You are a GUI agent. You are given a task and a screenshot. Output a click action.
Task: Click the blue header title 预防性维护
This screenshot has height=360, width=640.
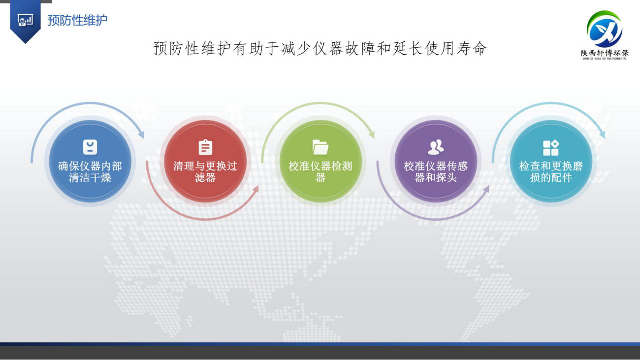pyautogui.click(x=77, y=20)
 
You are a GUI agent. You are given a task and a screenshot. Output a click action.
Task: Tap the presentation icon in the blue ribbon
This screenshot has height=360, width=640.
pyautogui.click(x=25, y=20)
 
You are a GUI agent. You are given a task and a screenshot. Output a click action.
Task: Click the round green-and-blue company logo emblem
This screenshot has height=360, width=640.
pyautogui.click(x=604, y=29)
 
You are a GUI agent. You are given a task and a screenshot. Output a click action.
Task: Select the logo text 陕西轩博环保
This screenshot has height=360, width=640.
pyautogui.click(x=605, y=53)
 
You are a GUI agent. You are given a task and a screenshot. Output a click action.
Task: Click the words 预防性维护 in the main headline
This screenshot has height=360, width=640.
pyautogui.click(x=192, y=48)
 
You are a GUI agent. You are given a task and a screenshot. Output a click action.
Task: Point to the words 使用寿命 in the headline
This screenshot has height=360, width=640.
pyautogui.click(x=455, y=48)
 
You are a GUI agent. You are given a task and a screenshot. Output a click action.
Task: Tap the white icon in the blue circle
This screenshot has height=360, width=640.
pyautogui.click(x=90, y=147)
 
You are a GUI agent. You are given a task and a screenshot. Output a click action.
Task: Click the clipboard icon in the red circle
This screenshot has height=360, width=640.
pyautogui.click(x=205, y=147)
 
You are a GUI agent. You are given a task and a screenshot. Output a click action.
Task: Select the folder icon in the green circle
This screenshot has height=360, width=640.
pyautogui.click(x=320, y=147)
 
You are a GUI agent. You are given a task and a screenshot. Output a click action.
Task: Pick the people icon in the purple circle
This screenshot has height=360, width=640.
pyautogui.click(x=436, y=147)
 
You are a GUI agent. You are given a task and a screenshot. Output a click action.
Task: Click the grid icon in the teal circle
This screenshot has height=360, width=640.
pyautogui.click(x=551, y=148)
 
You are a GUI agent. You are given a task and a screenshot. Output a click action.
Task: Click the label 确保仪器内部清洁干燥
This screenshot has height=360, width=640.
pyautogui.click(x=90, y=172)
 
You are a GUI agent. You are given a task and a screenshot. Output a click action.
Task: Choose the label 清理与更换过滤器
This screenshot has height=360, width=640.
pyautogui.click(x=205, y=172)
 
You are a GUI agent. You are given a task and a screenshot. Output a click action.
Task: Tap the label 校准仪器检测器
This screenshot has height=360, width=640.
pyautogui.click(x=320, y=172)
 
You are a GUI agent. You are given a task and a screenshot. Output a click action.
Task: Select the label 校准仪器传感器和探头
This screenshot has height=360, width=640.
pyautogui.click(x=436, y=172)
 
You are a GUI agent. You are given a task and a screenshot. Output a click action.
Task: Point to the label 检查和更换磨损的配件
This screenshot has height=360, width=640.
pyautogui.click(x=551, y=172)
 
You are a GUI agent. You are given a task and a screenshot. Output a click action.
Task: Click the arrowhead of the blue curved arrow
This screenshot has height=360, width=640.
pyautogui.click(x=141, y=134)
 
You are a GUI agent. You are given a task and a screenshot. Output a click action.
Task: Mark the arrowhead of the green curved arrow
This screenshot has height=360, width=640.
pyautogui.click(x=372, y=134)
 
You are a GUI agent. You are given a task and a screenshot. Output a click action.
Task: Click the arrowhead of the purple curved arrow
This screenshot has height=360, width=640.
pyautogui.click(x=486, y=189)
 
